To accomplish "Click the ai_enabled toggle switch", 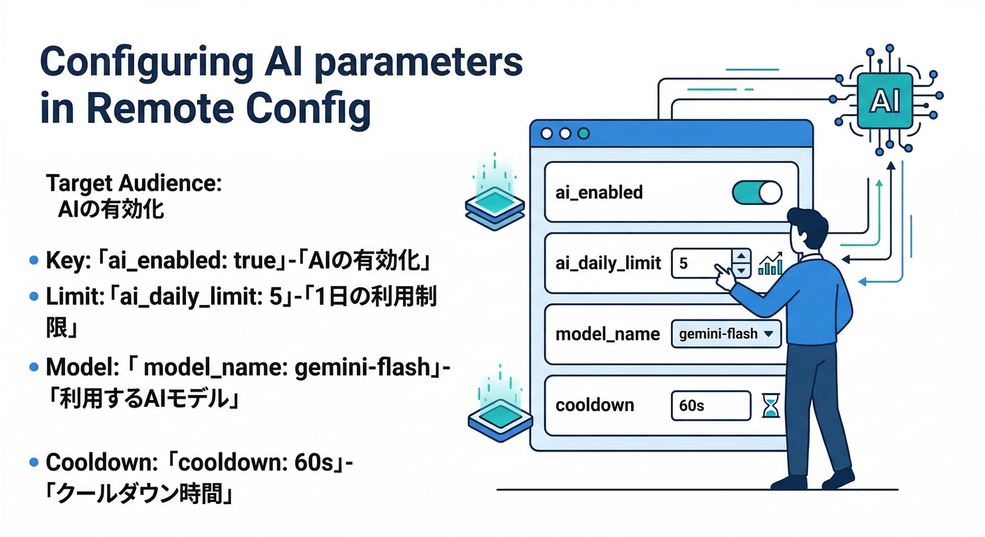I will [756, 192].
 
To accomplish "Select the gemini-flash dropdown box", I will [725, 334].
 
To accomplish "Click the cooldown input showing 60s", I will [709, 406].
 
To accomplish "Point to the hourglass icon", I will [770, 406].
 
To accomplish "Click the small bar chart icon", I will [770, 264].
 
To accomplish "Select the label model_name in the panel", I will [607, 334].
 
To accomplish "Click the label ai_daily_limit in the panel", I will [608, 263].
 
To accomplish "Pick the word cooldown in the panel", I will [595, 406].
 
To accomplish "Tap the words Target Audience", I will [133, 184].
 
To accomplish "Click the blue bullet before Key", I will [34, 262].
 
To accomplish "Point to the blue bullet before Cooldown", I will [34, 463].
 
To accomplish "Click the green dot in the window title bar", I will [583, 133].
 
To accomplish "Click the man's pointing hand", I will [724, 277].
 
